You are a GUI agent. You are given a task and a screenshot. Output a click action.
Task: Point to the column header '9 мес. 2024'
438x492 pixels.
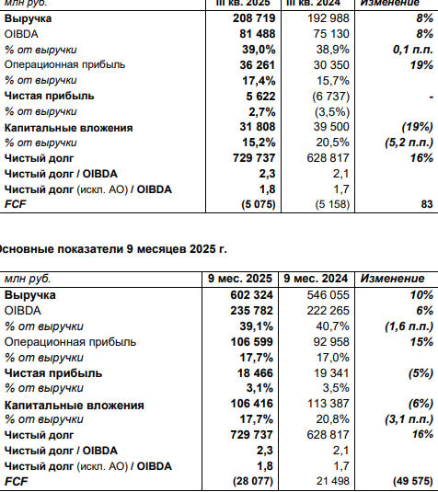point(316,279)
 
